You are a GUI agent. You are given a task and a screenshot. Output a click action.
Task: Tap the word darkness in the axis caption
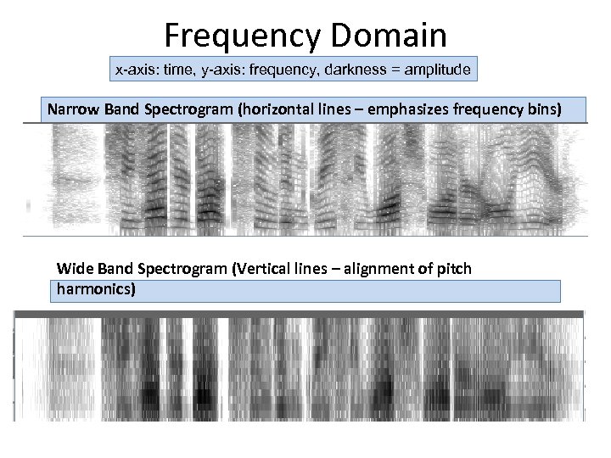click(347, 69)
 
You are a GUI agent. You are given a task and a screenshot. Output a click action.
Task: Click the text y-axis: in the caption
click(225, 69)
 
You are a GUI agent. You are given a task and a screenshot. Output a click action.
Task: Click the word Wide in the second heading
click(74, 269)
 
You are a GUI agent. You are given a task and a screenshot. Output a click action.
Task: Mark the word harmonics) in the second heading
click(96, 289)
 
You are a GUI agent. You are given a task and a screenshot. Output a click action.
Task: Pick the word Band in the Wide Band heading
click(113, 269)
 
